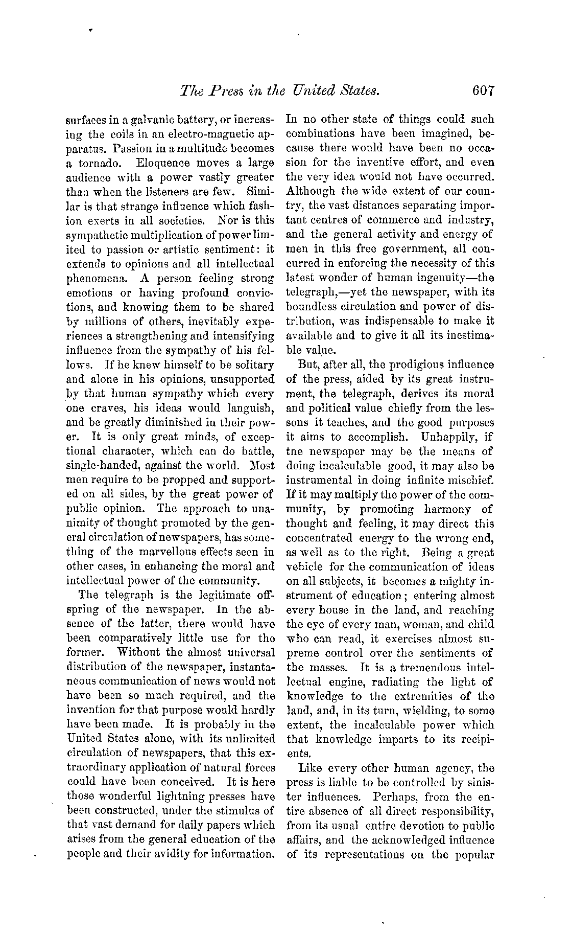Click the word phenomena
click(91, 279)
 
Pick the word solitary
click(252, 365)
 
